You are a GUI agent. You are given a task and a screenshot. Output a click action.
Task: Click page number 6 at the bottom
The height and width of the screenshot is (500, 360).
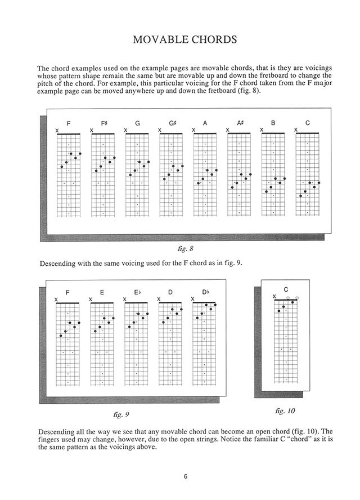coord(185,476)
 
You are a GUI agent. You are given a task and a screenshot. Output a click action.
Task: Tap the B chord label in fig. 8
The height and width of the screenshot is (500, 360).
coord(273,123)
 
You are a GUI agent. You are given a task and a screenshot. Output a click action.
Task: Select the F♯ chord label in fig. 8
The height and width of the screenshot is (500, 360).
coord(103,123)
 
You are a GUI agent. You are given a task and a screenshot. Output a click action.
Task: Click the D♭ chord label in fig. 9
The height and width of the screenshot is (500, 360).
coord(205,293)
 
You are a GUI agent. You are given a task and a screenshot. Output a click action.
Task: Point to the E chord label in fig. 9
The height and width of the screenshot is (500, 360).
coord(102,293)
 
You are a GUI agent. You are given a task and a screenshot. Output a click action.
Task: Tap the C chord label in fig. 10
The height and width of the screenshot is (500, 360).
coord(286,289)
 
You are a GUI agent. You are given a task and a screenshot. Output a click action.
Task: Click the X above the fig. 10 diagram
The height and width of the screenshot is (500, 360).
coord(274,297)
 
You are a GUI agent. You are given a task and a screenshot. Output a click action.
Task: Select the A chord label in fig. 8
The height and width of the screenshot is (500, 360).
coord(205,123)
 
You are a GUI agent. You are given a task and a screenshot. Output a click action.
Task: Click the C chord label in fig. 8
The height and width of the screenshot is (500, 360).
coord(307,123)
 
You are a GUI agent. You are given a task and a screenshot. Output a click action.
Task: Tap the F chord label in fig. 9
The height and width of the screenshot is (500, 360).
coord(68,293)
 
